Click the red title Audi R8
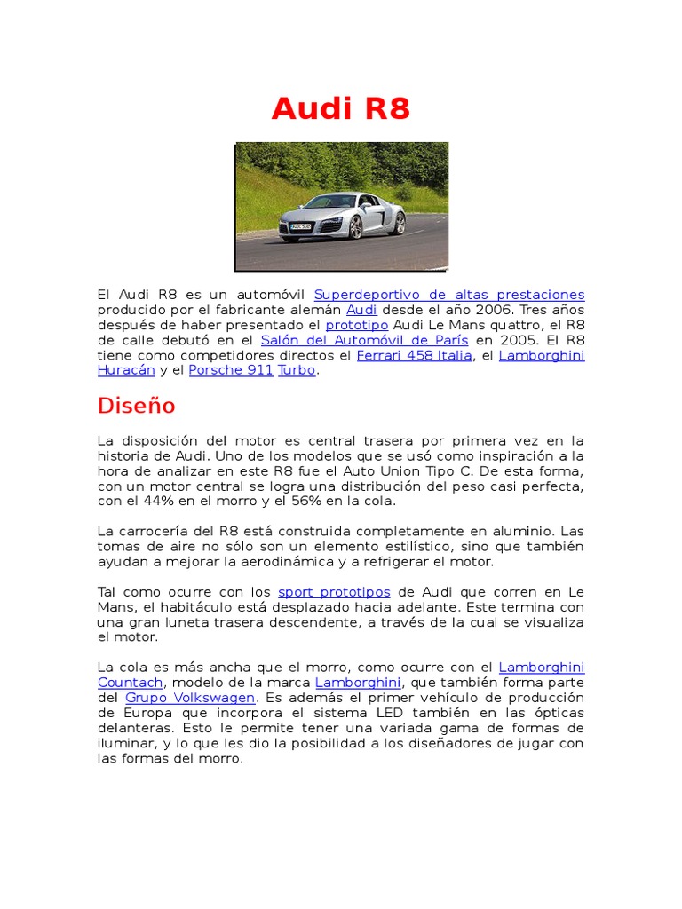341,108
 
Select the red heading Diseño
136,406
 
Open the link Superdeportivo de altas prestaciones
449,295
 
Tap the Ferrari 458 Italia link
414,355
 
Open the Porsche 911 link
231,370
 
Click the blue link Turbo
297,370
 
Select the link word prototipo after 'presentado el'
357,325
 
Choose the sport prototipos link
334,592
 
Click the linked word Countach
131,683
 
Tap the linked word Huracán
126,370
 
